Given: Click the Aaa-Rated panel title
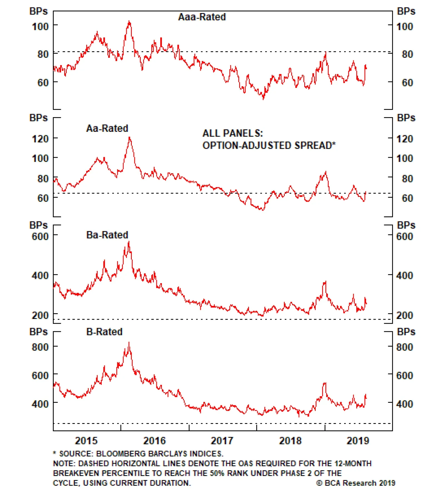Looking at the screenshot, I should (x=202, y=17).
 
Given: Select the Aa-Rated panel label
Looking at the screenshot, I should (x=107, y=128).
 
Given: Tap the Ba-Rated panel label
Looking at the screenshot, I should (x=107, y=235).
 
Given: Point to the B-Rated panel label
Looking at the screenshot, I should (x=104, y=332).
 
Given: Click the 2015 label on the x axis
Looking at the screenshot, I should (x=86, y=441).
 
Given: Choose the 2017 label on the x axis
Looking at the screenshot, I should (x=222, y=441).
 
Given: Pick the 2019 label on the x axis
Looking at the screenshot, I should (x=358, y=441).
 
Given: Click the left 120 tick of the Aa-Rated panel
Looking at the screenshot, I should (x=40, y=139).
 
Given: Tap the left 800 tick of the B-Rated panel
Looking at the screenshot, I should (x=40, y=347).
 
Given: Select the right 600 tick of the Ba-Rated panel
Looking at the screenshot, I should (x=404, y=236).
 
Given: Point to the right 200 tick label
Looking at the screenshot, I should (x=404, y=315).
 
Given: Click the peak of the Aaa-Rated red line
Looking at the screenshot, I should (x=129, y=21).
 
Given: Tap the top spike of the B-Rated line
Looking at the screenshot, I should (x=129, y=342).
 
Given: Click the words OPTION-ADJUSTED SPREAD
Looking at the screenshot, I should (x=267, y=145).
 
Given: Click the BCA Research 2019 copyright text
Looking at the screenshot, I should (x=356, y=483).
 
